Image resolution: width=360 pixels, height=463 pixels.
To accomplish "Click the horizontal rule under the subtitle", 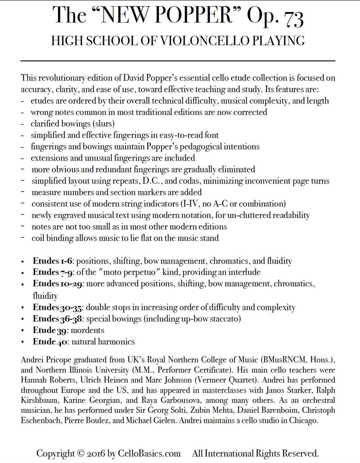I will [x=178, y=61].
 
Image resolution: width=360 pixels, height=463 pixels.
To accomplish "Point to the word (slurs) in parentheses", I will [x=105, y=124].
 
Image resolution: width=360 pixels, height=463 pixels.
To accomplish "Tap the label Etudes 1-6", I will [x=52, y=261].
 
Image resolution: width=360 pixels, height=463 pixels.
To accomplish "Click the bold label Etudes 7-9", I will [x=53, y=272].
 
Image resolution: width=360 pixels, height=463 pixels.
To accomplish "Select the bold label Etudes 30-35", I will [x=57, y=307].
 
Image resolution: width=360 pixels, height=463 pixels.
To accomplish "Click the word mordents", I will [x=88, y=330].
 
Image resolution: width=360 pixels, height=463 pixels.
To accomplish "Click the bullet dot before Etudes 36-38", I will [x=23, y=319].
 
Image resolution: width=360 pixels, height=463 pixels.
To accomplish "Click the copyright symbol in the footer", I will [x=81, y=453].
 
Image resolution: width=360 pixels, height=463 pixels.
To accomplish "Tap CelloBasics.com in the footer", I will [x=149, y=453].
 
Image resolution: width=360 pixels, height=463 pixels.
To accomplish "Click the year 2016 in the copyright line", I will [x=96, y=454].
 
